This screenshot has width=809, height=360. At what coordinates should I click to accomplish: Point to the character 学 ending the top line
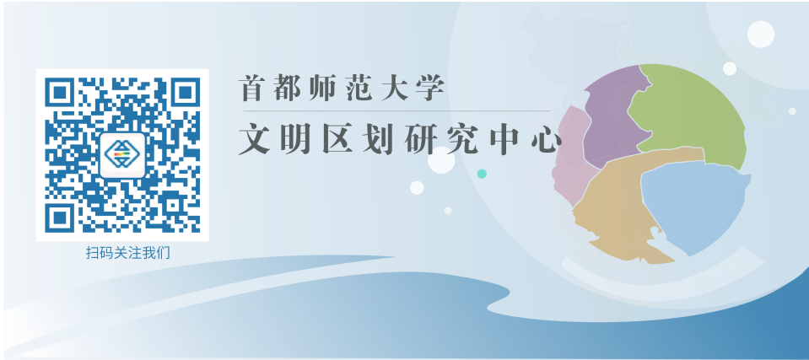tap(432, 89)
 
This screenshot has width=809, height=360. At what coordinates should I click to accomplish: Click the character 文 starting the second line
tap(255, 139)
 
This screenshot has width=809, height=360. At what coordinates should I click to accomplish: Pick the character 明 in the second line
tap(295, 139)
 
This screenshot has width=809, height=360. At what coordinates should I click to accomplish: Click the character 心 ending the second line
tap(546, 139)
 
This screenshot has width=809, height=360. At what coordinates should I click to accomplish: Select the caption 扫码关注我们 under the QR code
tap(127, 253)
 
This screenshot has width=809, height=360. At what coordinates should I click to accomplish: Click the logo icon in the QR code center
tap(122, 155)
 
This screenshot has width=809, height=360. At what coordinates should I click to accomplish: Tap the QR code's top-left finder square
tap(60, 93)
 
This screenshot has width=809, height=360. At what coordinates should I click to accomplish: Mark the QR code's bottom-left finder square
tap(60, 218)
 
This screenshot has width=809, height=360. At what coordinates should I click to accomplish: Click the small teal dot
tap(482, 174)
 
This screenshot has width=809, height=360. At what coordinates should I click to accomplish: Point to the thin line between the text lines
tap(396, 111)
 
